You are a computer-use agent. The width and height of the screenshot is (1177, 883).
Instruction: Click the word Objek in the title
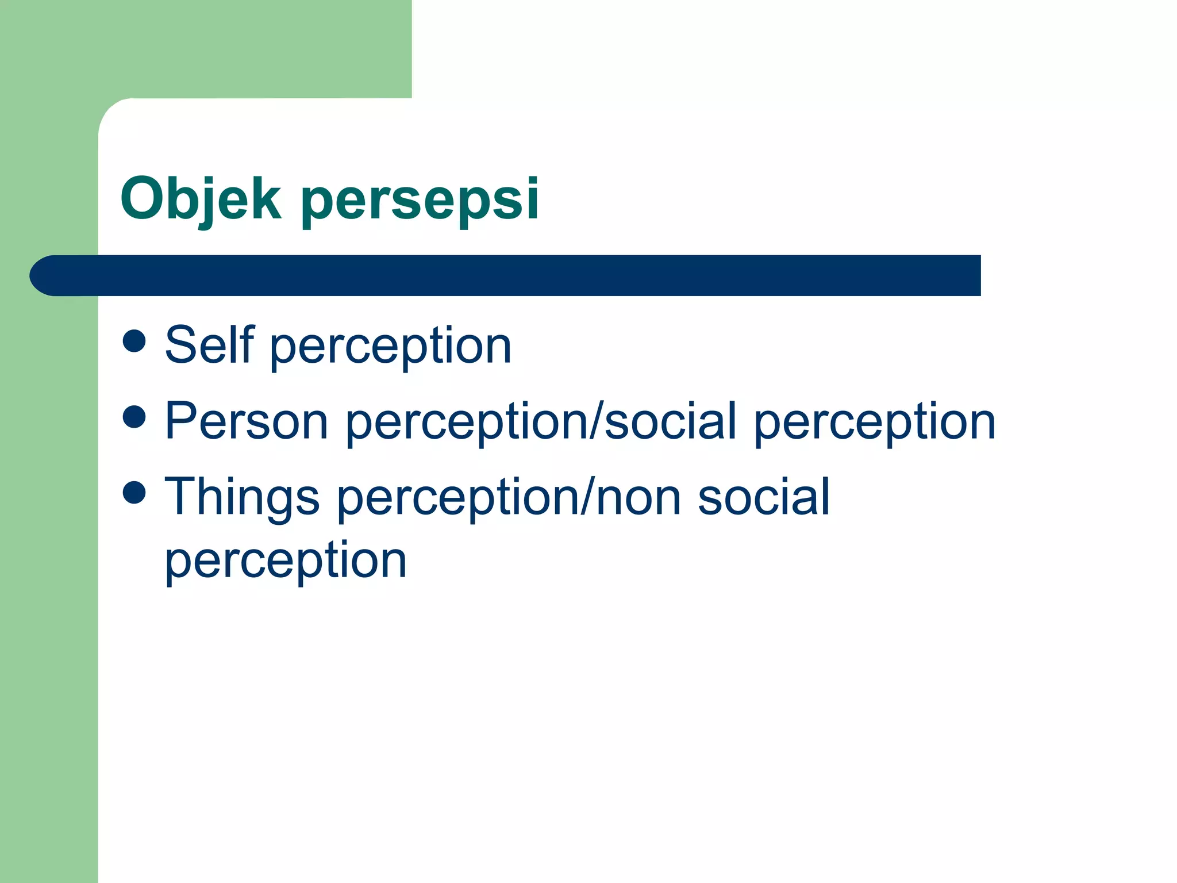[x=201, y=199]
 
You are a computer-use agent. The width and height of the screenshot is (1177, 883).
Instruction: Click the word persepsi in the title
[x=420, y=199]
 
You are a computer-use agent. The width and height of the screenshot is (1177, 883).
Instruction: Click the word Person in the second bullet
[x=247, y=421]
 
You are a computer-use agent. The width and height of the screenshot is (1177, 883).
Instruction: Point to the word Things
[x=242, y=497]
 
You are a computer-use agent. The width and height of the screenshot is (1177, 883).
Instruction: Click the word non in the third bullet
[x=638, y=497]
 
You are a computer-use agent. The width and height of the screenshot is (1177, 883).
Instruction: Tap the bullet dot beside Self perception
[x=134, y=340]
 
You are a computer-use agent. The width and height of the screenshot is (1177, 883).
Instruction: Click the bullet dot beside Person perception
[x=134, y=416]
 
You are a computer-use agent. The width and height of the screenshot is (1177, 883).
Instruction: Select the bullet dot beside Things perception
[x=134, y=492]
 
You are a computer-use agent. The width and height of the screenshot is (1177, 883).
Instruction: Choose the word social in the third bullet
[x=764, y=497]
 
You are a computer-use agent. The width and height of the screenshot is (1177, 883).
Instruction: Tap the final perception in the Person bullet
[x=875, y=423]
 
